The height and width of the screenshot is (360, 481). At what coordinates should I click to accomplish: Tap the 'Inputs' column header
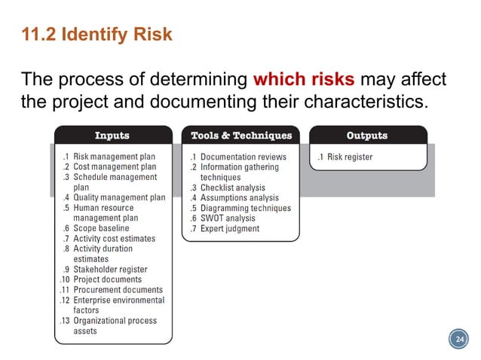112,136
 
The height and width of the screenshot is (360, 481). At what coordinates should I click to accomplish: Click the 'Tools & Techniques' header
240,136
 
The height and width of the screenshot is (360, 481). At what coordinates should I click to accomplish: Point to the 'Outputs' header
366,136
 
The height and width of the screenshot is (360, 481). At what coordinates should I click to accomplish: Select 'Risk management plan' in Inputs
115,157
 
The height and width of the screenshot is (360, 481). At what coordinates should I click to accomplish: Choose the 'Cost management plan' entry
115,167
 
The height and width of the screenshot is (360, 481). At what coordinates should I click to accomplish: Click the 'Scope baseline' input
101,228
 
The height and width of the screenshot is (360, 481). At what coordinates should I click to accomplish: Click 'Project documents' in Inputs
107,279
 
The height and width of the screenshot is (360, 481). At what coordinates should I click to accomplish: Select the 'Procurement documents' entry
118,290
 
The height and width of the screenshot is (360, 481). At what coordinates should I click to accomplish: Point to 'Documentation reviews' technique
244,157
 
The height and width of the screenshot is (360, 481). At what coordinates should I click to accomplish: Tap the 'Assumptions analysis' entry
242,198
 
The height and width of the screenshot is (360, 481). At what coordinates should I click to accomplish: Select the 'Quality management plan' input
119,198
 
